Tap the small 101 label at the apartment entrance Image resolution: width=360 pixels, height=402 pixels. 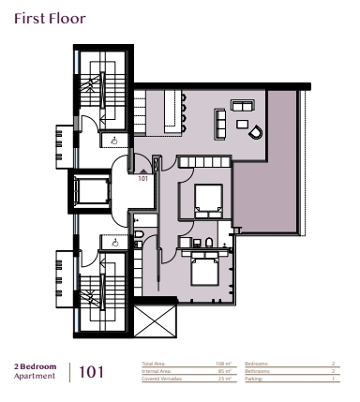point(143,177)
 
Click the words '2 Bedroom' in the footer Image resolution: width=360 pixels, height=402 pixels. point(35,366)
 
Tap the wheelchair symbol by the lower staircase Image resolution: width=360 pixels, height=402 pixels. point(113,242)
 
